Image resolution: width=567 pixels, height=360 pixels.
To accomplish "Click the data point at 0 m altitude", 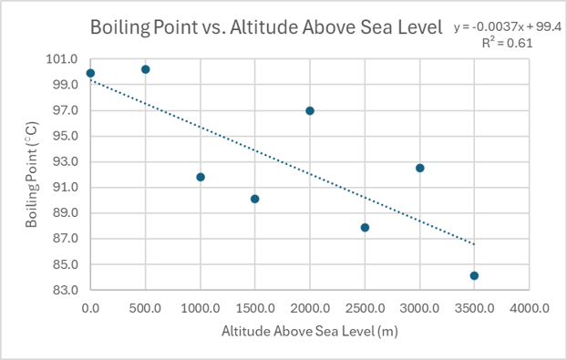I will (90, 73).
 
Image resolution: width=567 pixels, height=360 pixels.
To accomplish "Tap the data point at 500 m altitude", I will (146, 69).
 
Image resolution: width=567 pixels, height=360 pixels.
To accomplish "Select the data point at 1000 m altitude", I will (201, 177).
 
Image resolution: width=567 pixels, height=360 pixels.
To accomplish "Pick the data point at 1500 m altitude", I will (255, 199).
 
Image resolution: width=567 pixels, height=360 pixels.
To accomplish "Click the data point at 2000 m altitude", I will (310, 110).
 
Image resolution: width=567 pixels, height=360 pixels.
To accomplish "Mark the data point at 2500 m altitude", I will (365, 227).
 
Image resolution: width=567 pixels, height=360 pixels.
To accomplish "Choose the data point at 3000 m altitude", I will (420, 168).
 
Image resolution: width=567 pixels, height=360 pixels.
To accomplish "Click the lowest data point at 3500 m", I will (475, 275).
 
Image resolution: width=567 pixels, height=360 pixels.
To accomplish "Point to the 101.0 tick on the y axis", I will (64, 59).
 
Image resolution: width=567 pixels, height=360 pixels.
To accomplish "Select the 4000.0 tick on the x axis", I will (530, 309).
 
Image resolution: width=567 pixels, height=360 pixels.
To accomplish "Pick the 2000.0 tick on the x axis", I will (310, 309).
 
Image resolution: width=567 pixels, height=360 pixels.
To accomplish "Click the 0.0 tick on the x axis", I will (90, 309).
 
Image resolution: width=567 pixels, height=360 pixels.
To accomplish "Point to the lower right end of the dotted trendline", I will (474, 243).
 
